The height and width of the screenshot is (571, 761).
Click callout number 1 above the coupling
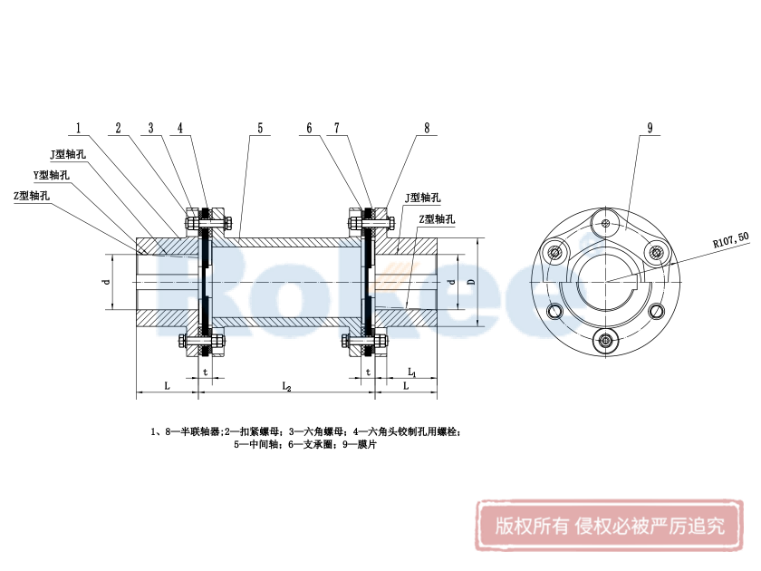click(x=80, y=128)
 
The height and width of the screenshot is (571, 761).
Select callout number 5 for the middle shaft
click(x=260, y=128)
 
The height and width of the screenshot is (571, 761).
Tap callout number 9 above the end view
click(x=650, y=128)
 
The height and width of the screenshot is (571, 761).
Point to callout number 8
click(x=426, y=128)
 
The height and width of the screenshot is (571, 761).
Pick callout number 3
click(x=151, y=128)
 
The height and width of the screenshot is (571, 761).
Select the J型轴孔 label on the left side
click(x=68, y=155)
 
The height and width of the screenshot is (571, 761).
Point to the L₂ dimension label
click(x=287, y=387)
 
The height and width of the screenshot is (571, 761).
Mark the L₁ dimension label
click(x=411, y=373)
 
